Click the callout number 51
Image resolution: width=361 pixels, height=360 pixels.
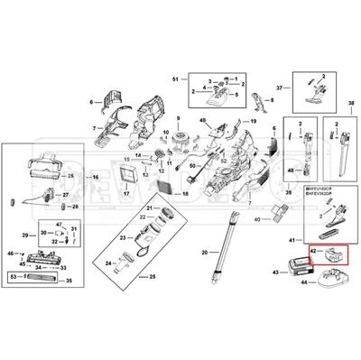[174, 81]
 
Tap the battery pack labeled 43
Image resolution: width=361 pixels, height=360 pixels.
[296, 266]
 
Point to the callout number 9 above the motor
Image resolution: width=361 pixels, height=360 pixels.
[179, 120]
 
